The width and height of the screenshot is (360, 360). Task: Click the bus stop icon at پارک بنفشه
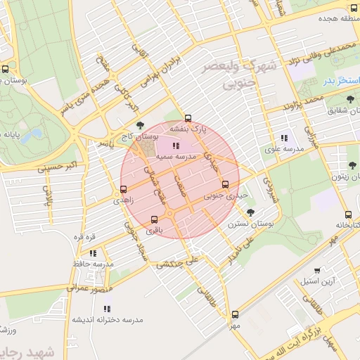188,118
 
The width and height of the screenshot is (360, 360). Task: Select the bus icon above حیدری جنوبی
225,185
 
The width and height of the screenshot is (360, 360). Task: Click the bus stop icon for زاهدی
124,189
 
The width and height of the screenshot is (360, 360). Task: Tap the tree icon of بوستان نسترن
251,212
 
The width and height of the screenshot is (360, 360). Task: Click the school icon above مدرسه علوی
284,138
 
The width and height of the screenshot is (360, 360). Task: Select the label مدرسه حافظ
93,264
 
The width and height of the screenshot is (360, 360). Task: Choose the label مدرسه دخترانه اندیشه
107,319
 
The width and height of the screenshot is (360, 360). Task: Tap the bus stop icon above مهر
234,315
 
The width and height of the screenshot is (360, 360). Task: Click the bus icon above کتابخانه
348,214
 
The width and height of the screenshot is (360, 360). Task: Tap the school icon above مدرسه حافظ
93,253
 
